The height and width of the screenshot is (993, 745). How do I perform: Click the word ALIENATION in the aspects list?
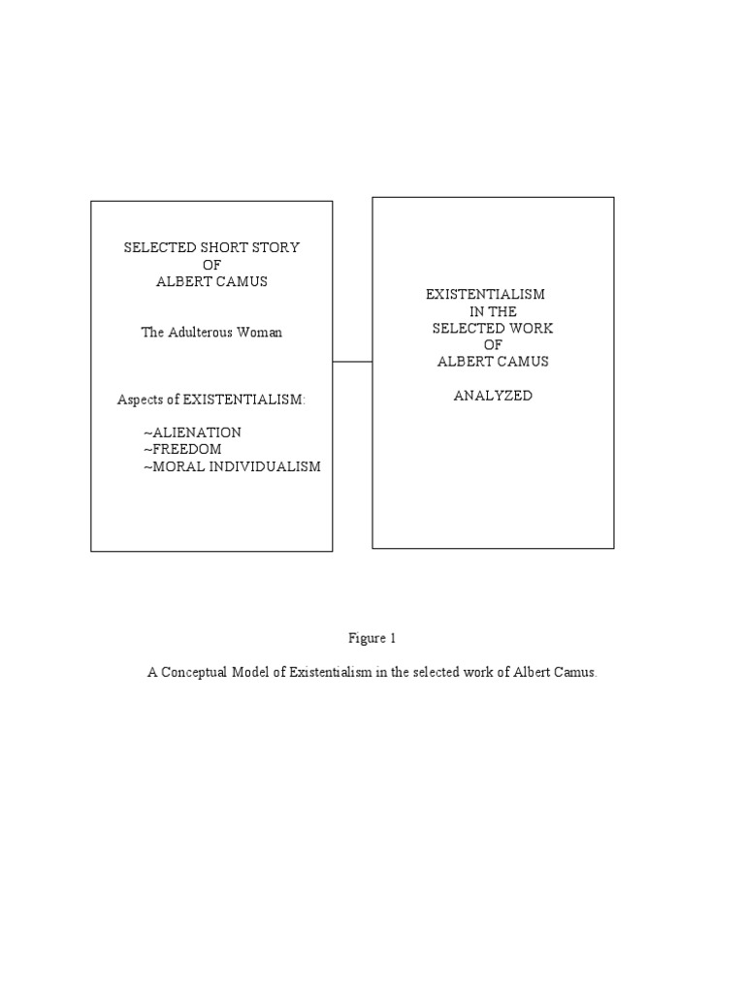[195, 432]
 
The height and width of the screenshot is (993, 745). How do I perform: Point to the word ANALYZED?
[493, 396]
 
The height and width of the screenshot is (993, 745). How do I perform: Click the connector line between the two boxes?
[352, 362]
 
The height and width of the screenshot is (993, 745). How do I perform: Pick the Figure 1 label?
[372, 638]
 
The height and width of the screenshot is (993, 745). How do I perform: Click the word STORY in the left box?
[275, 247]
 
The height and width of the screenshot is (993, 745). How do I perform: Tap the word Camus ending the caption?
[576, 672]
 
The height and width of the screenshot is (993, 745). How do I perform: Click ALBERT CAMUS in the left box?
[211, 281]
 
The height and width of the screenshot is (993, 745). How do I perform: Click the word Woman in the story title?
[261, 333]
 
